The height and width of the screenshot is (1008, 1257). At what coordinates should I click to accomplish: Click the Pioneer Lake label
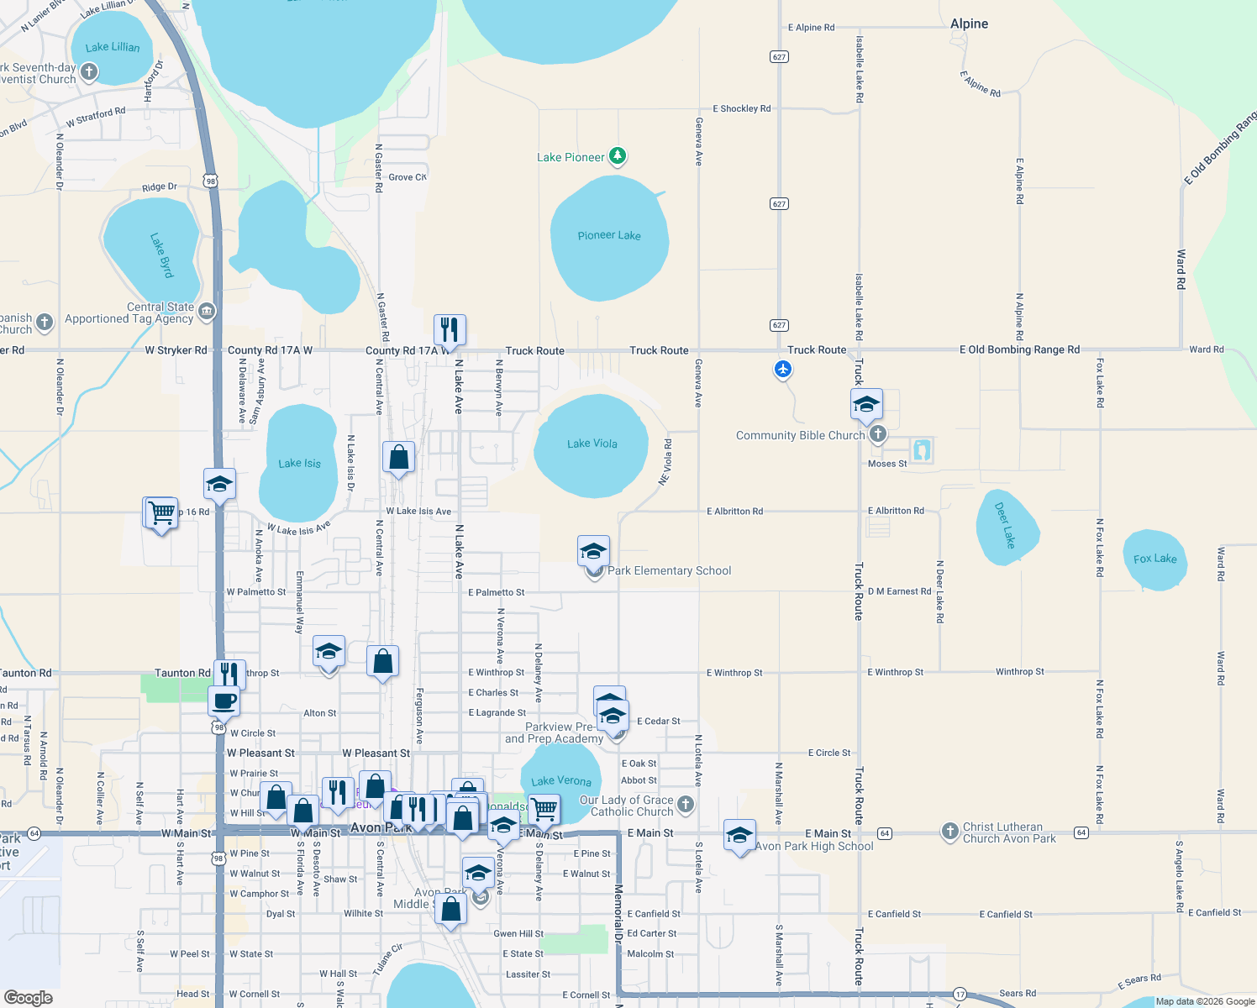coord(608,235)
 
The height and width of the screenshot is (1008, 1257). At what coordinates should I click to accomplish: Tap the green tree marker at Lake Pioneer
coord(618,155)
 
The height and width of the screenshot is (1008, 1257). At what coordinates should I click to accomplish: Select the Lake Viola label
coord(592,444)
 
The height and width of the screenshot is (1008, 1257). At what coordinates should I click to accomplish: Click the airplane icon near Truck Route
coord(783,369)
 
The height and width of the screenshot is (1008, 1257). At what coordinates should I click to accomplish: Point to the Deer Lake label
coord(1005,524)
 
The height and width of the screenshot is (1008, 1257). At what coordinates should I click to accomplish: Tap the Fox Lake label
coord(1154,559)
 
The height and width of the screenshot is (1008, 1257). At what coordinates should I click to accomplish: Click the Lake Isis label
coord(299,463)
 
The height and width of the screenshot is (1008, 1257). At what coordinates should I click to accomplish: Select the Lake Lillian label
coord(113,47)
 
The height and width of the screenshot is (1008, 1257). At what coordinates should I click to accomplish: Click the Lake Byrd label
coord(161,255)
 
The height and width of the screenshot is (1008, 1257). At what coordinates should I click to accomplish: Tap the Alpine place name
coord(969,24)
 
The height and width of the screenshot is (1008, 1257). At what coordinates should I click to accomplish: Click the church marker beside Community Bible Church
coord(878,433)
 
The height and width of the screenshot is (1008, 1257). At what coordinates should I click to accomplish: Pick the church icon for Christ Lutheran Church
coord(949,832)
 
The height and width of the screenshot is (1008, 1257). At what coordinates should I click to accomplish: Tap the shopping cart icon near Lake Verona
coord(544,809)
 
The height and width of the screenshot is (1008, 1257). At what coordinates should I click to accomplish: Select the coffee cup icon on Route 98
coord(224,701)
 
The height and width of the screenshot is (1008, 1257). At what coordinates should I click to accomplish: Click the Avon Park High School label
coord(813,846)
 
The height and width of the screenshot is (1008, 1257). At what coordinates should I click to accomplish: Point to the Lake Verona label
coord(560,781)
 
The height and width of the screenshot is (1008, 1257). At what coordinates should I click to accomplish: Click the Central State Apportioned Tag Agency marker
coord(207,312)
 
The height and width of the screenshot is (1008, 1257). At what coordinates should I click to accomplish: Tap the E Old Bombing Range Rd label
coord(1019,349)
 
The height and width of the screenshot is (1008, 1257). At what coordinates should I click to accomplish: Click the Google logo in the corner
coord(29,998)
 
